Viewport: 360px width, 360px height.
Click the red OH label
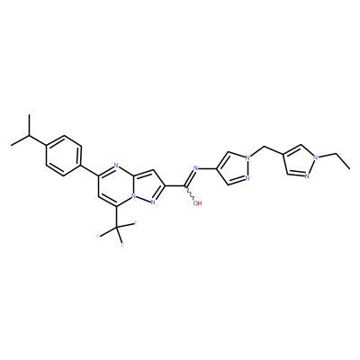pos(197,203)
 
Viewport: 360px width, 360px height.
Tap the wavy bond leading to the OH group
pos(191,193)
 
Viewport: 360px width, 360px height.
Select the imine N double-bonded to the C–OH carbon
pos(196,167)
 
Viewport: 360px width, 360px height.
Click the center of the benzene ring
pos(64,156)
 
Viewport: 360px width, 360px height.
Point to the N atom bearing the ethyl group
pos(315,157)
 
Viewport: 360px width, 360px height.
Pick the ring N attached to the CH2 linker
pos(247,157)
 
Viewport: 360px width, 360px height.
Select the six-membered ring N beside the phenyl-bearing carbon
pos(117,166)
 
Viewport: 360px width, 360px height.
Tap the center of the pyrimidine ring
pos(117,186)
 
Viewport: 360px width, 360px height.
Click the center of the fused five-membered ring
pos(148,187)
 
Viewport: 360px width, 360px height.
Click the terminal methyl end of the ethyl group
pos(349,168)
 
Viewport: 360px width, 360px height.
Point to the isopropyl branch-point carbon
pos(30,136)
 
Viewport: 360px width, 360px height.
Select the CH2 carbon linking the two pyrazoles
pos(265,147)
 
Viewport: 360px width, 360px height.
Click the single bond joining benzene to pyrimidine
pos(90,170)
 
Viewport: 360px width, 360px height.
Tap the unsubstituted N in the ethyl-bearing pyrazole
pos(307,176)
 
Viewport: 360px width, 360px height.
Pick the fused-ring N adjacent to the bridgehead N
pos(153,202)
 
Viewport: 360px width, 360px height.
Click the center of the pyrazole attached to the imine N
pos(233,167)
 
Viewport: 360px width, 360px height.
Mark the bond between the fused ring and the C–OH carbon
pos(175,186)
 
